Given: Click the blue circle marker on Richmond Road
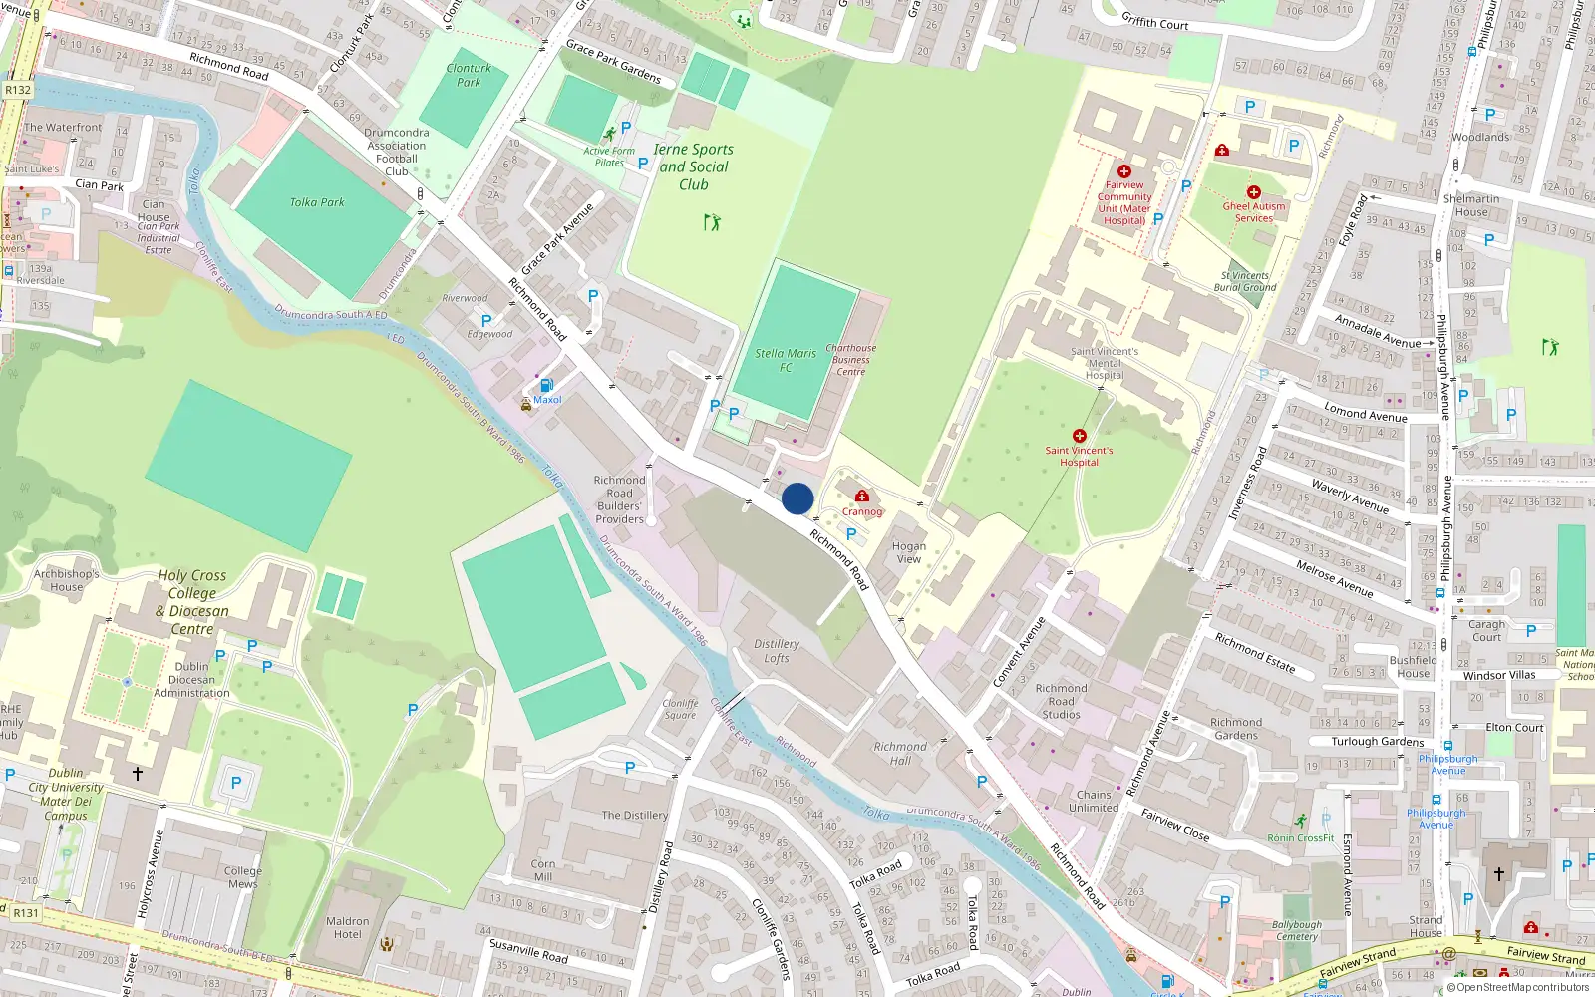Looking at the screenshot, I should [x=797, y=498].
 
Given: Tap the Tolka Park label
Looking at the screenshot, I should [x=317, y=202].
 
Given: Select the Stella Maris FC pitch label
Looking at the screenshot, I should [x=786, y=360].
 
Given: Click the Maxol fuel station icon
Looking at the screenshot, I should [x=546, y=386].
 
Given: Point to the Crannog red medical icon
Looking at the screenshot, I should [x=862, y=496].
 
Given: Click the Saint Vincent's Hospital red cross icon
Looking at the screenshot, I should [x=1079, y=436].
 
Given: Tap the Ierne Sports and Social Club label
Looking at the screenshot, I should [x=694, y=166].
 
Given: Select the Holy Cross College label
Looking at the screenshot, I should [x=192, y=602].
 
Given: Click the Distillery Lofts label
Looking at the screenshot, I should [x=777, y=651].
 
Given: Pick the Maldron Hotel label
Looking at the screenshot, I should [x=347, y=928].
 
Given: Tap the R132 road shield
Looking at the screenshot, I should [x=18, y=90].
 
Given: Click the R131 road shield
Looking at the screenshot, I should [x=26, y=912].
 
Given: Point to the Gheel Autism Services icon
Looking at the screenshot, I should [x=1254, y=192].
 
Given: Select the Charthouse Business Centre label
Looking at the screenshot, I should [x=850, y=360].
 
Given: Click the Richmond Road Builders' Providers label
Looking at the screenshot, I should [x=619, y=499].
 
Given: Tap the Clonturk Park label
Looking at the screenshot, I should [x=469, y=75].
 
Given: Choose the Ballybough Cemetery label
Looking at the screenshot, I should [x=1296, y=930].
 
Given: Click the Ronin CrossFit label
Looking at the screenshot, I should [x=1300, y=837].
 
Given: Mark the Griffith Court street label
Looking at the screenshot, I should [x=1154, y=20].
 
